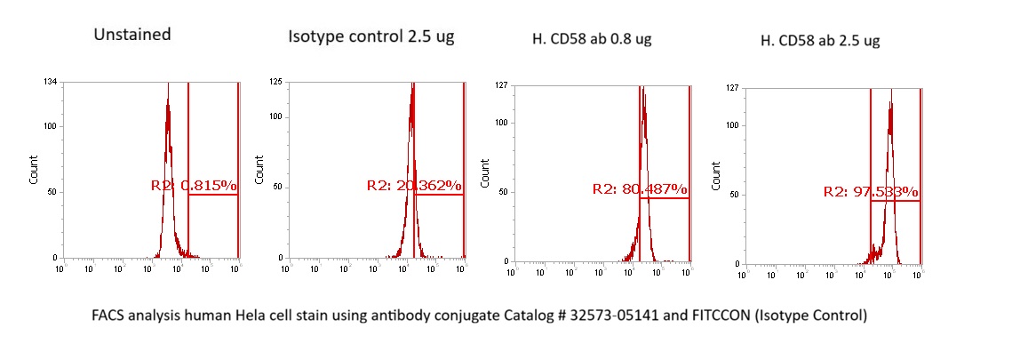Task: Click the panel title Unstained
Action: [x=132, y=36]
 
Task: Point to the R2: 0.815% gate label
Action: [x=193, y=186]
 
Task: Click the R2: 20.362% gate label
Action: [x=414, y=186]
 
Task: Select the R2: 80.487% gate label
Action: [x=640, y=188]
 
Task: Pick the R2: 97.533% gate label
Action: [x=871, y=191]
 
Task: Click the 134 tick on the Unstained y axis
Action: [x=52, y=82]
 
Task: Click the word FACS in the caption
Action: [x=109, y=316]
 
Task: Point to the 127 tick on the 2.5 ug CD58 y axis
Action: [x=733, y=89]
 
